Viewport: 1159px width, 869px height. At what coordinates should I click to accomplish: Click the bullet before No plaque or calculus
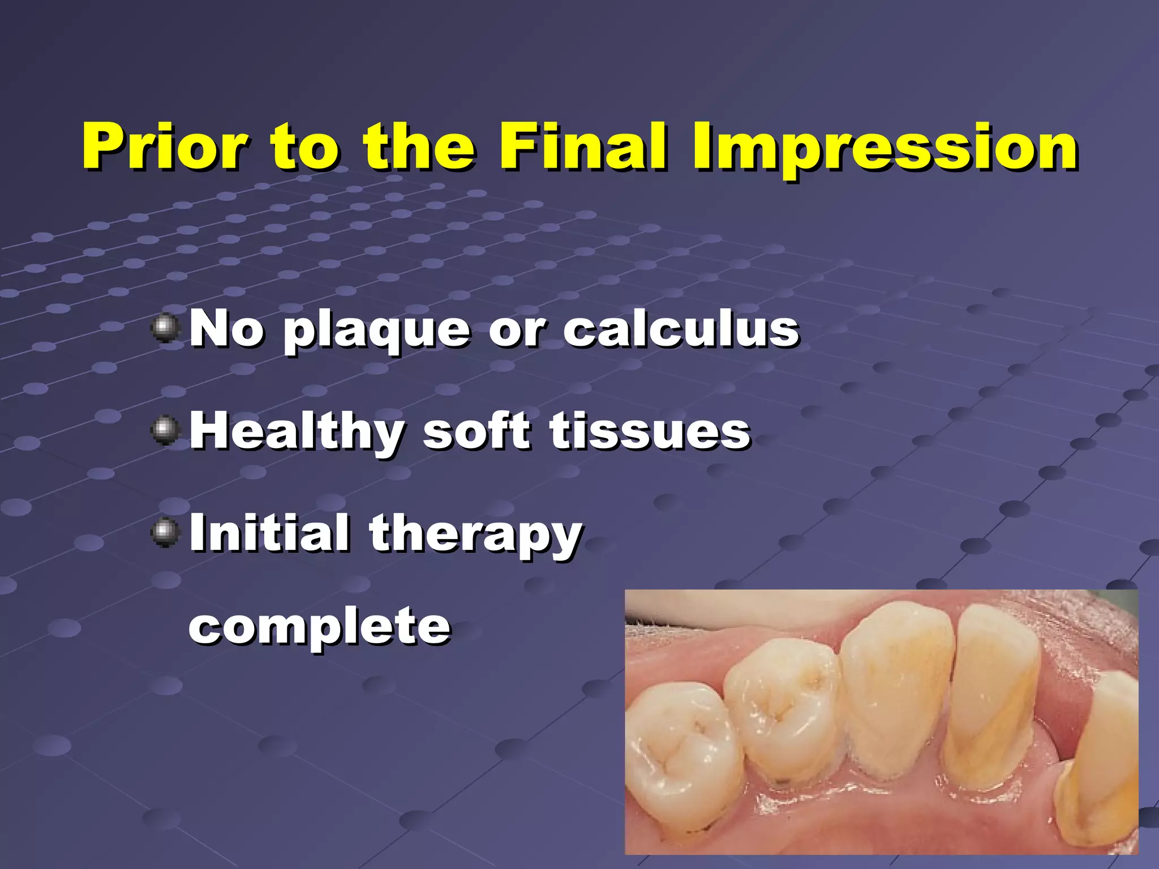click(x=165, y=329)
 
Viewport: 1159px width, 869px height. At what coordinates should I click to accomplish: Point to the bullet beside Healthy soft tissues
click(x=165, y=431)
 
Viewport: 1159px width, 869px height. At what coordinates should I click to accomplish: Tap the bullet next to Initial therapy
click(x=165, y=532)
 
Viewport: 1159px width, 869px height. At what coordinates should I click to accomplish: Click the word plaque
click(x=376, y=331)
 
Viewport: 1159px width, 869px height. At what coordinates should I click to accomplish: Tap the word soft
click(x=477, y=431)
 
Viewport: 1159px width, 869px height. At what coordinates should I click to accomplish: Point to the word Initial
click(x=269, y=532)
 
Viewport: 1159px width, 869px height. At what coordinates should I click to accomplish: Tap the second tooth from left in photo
click(x=784, y=719)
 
